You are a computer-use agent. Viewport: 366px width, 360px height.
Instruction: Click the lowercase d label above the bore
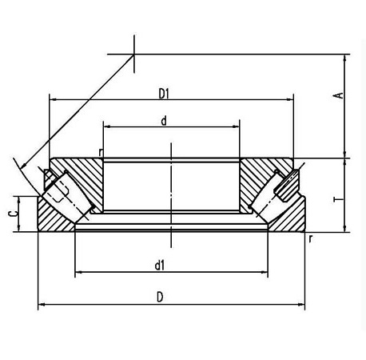[163, 122]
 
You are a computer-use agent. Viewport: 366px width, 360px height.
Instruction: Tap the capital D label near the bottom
[161, 298]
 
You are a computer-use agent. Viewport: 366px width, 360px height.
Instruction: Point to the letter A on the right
[339, 96]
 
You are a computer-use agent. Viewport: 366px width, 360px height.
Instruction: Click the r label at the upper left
[101, 152]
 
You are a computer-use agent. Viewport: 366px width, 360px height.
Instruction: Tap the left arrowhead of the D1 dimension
[52, 99]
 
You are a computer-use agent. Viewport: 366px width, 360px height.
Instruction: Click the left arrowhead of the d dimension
[104, 127]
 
